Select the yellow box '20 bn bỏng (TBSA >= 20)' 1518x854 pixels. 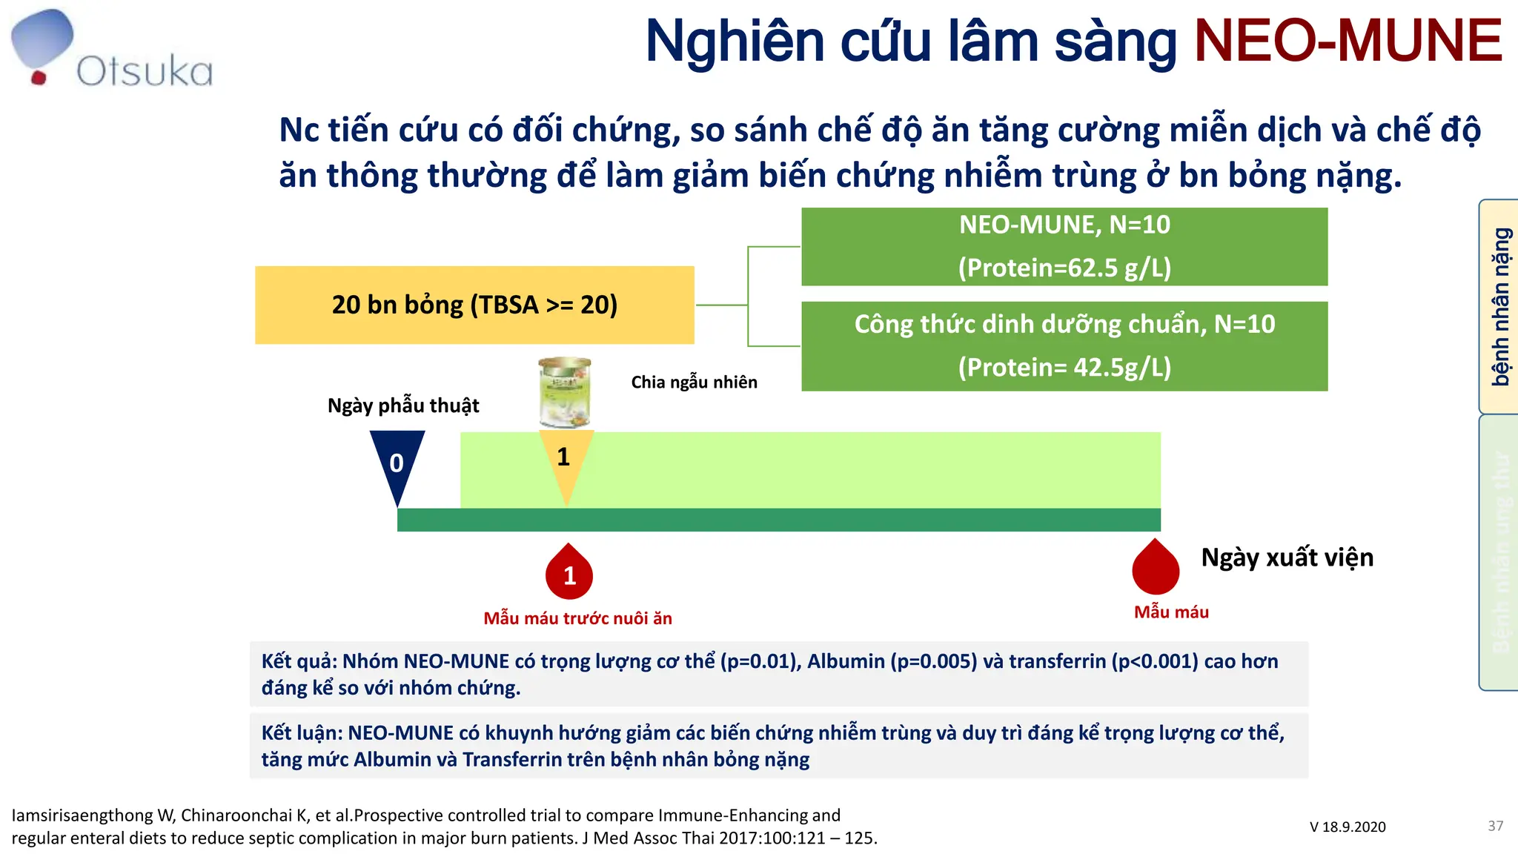[474, 305]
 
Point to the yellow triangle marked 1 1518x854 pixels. [566, 458]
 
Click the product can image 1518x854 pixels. [565, 393]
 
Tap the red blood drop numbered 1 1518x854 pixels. [569, 574]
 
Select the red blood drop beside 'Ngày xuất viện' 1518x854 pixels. [1156, 569]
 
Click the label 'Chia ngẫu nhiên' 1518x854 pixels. [694, 383]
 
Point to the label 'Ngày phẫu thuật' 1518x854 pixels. [403, 406]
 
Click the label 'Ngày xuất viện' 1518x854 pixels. [1287, 557]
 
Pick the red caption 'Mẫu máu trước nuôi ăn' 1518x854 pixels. [577, 618]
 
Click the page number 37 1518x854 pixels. [1495, 826]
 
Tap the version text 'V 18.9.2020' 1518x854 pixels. [1347, 827]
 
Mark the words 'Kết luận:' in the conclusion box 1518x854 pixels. [301, 733]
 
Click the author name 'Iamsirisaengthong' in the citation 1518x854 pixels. [82, 815]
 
